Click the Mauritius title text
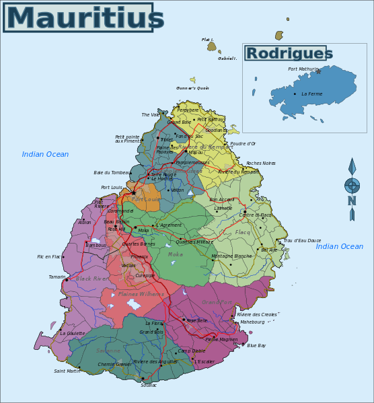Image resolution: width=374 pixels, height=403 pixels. (x=79, y=17)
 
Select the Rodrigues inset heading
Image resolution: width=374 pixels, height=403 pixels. (x=289, y=54)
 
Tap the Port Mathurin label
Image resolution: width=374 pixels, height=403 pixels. (x=303, y=69)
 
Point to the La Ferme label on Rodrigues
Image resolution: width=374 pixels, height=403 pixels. (x=311, y=94)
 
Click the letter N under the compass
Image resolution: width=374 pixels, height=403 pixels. (x=352, y=201)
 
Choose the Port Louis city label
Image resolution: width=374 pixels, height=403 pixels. (x=112, y=188)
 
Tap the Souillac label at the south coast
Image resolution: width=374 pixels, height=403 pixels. (x=149, y=385)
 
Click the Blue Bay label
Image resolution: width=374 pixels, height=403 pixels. (x=256, y=346)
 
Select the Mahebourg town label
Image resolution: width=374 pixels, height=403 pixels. (x=252, y=322)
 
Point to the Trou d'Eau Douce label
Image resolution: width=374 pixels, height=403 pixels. (x=302, y=240)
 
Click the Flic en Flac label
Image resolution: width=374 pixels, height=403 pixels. (x=48, y=256)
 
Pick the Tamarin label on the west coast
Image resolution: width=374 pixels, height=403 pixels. (x=57, y=277)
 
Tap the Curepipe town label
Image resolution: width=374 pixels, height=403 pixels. (x=145, y=275)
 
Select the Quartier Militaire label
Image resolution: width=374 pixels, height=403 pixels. (x=194, y=242)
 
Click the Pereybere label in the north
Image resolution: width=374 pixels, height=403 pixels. (x=188, y=110)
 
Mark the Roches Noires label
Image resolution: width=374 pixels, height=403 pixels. (x=261, y=163)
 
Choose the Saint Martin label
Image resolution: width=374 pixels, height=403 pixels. (x=67, y=371)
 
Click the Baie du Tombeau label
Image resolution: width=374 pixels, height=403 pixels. (x=112, y=173)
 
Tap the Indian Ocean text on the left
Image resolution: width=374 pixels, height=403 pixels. (x=45, y=155)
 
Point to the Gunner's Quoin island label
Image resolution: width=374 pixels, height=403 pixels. (x=192, y=88)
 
